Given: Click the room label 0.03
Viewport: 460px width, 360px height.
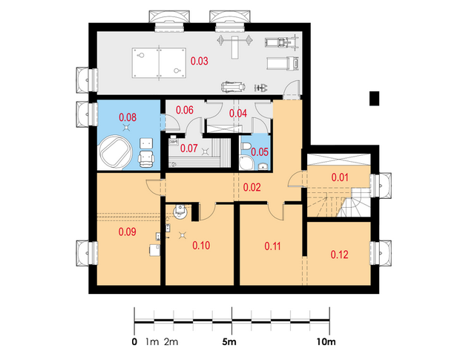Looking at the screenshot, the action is point(200,61).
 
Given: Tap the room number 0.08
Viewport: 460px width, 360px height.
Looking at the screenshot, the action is point(128,117).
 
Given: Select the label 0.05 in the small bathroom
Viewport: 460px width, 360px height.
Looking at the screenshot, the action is point(260,152).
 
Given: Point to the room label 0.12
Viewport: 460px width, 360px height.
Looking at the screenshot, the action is point(339,255).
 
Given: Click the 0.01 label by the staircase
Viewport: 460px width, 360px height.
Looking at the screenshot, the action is point(340,177).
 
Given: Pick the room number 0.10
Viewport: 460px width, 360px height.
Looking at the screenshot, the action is point(201,245).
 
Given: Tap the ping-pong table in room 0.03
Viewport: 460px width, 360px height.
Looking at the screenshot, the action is point(159,63).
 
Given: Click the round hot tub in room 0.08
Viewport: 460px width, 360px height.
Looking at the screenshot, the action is point(116,152).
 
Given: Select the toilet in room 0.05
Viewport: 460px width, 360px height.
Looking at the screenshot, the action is point(246,145).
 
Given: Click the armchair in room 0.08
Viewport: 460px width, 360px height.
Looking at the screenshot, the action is point(146,159).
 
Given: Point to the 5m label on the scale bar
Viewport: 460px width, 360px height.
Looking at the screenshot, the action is point(229,341).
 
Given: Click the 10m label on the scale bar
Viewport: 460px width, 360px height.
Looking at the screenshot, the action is point(326,341).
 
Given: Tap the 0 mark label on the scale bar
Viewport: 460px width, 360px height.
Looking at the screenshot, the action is point(134,341).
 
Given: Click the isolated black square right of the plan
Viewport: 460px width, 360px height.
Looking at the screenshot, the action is point(374,99).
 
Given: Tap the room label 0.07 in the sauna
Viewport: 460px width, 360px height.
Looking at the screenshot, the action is point(189,148).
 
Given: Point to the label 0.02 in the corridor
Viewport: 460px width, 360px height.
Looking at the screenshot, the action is point(252,187).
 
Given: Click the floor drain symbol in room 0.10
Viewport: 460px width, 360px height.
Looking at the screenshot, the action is point(183,235).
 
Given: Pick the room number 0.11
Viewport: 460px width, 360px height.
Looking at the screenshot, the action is point(273,246).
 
